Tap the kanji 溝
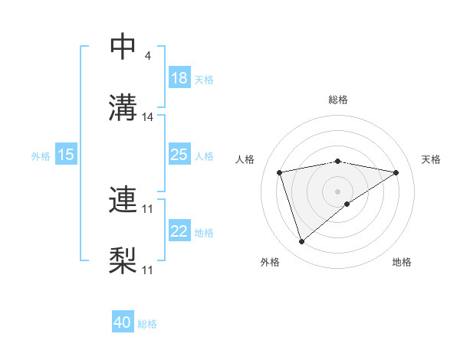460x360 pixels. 123,108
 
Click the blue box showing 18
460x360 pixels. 179,79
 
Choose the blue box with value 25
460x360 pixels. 179,155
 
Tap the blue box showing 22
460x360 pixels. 179,231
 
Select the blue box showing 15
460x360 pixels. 66,155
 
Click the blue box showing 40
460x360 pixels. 123,323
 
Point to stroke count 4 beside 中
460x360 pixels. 148,56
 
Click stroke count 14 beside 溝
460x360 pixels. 149,117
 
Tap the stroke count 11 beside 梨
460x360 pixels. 149,270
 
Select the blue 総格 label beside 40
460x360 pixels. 148,324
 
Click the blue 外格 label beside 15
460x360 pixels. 41,155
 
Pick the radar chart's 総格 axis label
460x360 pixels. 338,100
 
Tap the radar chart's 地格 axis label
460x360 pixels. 402,262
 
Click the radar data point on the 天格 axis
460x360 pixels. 396,172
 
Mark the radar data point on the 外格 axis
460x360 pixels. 301,242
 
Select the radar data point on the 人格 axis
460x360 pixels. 280,172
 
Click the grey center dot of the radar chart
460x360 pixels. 338,191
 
